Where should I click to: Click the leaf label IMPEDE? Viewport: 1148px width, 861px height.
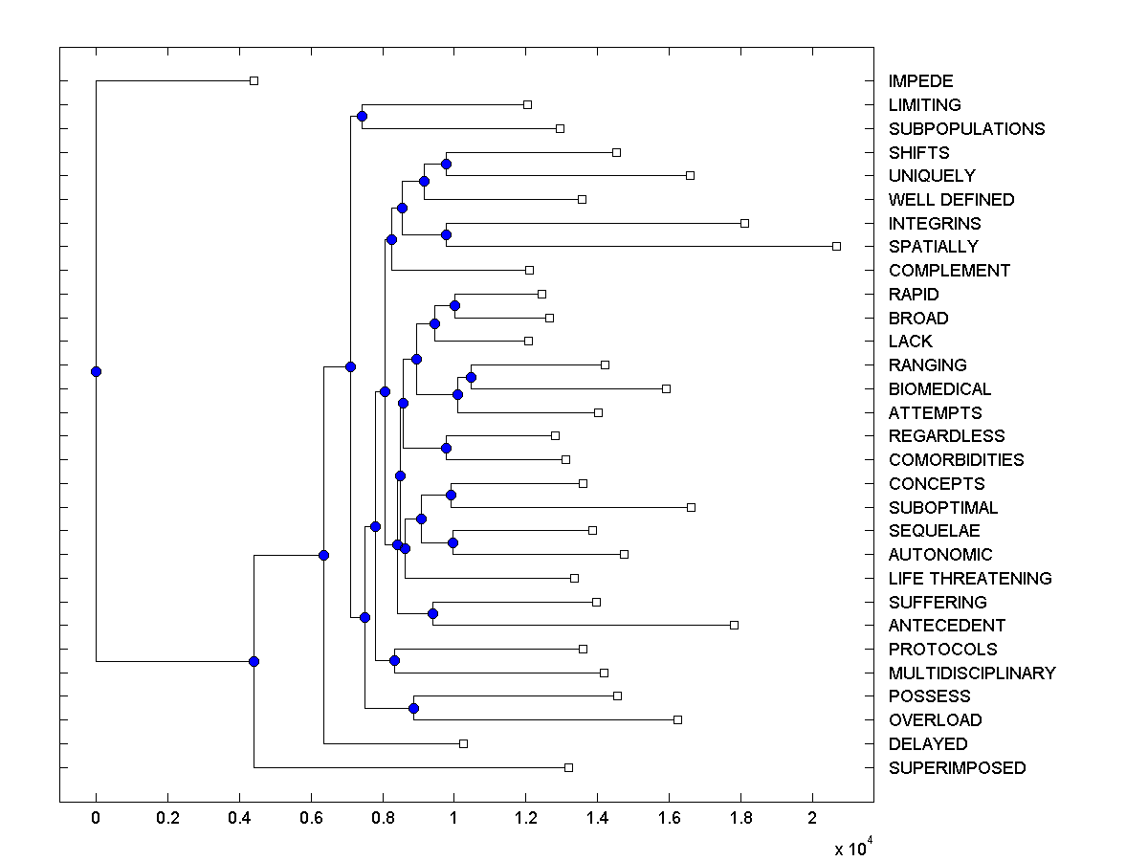point(920,81)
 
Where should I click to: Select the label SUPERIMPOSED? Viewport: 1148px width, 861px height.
point(957,768)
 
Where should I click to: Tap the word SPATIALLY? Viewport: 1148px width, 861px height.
point(933,247)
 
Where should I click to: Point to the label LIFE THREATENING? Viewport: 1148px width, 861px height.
point(970,579)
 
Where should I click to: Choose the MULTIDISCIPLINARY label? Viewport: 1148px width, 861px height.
point(972,673)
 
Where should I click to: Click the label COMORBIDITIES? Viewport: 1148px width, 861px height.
point(956,460)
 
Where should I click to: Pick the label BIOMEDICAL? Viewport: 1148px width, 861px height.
point(939,389)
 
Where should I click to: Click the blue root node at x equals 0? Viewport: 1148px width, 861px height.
point(96,371)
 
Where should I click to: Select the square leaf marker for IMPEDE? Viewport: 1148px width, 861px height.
point(254,80)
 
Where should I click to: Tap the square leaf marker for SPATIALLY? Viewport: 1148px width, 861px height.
point(836,246)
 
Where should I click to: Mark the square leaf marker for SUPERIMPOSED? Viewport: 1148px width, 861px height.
point(568,767)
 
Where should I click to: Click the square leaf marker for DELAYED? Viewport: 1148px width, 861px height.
point(463,743)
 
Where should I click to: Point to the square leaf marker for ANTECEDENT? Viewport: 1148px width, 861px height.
point(734,625)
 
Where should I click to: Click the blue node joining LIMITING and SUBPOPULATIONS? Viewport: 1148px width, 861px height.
point(362,116)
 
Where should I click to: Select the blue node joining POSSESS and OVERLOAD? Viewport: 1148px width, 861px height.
point(413,708)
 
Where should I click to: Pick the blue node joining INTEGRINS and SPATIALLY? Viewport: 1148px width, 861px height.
point(445,234)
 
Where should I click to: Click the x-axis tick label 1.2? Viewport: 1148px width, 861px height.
point(525,819)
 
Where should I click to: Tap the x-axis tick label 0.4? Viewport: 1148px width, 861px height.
point(239,819)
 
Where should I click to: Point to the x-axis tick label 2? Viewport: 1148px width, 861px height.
point(812,819)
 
